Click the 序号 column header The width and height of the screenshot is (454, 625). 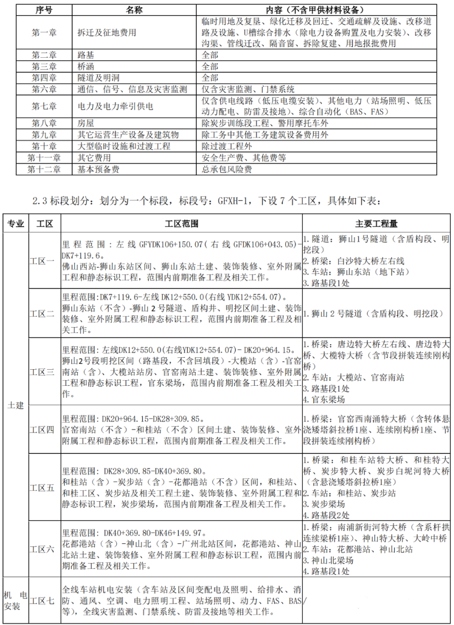coord(44,10)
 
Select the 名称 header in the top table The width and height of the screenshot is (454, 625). coord(135,10)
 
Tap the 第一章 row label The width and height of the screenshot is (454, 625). coord(44,32)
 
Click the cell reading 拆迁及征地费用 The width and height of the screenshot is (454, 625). coord(106,32)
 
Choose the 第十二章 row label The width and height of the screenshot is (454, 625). coord(44,170)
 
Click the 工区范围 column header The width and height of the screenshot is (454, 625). coord(181,224)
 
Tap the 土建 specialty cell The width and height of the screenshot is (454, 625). coord(15,406)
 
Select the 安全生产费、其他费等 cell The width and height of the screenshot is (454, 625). coord(243,158)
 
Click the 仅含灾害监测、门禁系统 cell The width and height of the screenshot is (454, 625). coord(248,89)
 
